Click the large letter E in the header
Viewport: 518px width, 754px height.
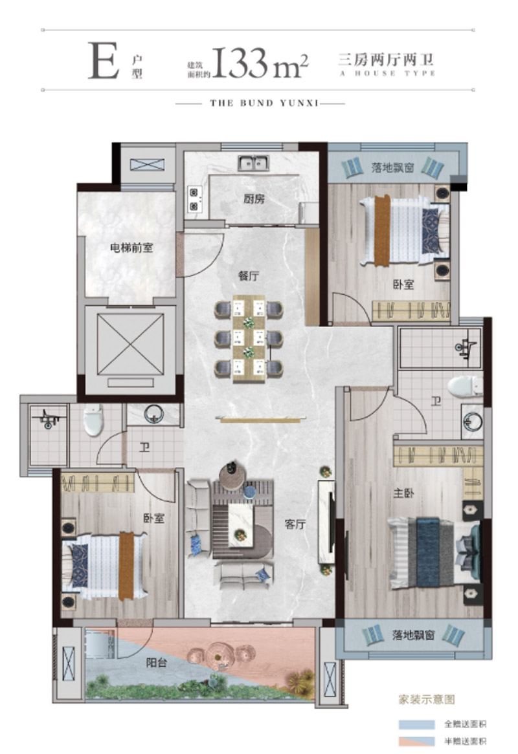click(104, 61)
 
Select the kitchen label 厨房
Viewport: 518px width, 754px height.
click(254, 198)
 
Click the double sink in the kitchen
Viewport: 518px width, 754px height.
click(253, 163)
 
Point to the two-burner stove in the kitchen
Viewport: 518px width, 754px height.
click(194, 200)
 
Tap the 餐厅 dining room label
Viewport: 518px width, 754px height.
click(249, 275)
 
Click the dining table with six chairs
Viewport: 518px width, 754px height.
click(249, 339)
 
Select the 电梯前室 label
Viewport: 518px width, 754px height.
click(131, 248)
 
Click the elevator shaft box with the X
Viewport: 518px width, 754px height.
click(130, 344)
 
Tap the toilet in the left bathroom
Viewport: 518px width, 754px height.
click(93, 419)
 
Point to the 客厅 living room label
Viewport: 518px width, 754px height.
click(295, 524)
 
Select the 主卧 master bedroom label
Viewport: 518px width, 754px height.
click(403, 493)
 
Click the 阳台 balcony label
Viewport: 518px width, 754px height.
click(157, 663)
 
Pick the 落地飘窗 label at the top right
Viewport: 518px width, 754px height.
click(392, 168)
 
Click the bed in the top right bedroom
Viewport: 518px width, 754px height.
click(405, 230)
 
